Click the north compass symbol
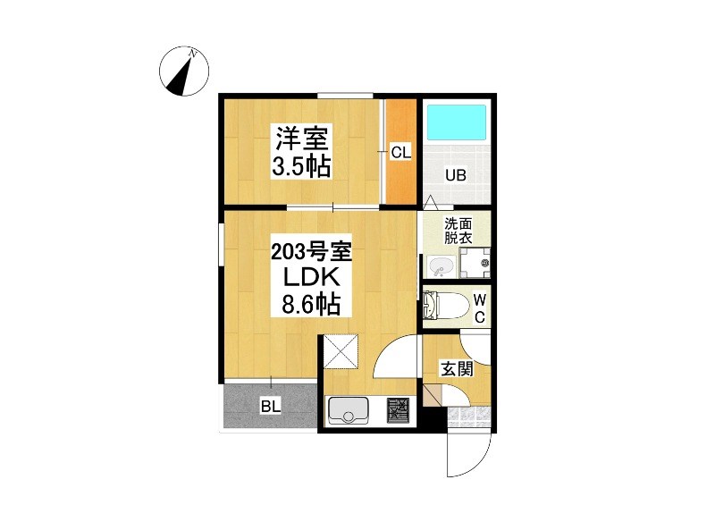(x=184, y=72)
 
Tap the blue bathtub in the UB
(x=456, y=122)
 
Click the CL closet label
(x=400, y=152)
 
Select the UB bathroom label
(x=456, y=175)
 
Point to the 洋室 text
(x=301, y=138)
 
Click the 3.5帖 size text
(x=301, y=166)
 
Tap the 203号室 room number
(x=311, y=252)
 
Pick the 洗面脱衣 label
(x=458, y=231)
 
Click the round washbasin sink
(x=441, y=265)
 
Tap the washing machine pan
(x=475, y=263)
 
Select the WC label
(x=479, y=309)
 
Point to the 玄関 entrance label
(x=457, y=368)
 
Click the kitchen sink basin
(x=349, y=409)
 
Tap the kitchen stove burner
(x=399, y=409)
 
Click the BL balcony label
(x=271, y=406)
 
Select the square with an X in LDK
(x=341, y=352)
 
